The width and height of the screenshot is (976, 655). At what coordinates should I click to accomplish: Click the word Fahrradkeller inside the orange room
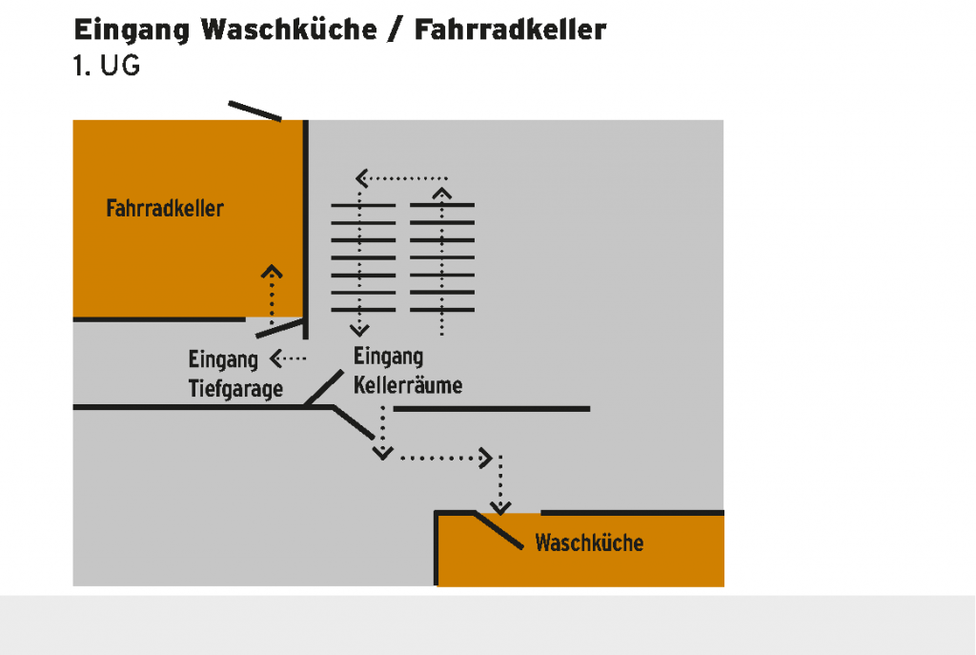165,208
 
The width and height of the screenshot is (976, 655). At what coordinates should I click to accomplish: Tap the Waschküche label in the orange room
589,543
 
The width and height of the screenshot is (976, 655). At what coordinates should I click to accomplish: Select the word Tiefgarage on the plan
235,389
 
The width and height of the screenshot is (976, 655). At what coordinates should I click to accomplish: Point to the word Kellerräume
408,385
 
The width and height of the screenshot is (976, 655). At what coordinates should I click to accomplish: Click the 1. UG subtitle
107,68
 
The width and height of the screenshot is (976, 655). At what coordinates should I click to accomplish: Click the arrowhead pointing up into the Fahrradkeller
273,270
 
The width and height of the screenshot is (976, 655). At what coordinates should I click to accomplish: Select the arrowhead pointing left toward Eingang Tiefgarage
276,358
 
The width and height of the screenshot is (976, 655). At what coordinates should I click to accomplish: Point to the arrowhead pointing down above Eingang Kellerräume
359,330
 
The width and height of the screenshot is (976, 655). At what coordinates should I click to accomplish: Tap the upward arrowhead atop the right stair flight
441,193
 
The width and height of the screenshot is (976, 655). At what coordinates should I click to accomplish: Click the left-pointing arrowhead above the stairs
362,177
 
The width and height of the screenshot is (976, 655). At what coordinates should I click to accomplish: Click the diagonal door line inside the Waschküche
498,530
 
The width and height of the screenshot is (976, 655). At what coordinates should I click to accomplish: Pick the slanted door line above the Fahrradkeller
255,111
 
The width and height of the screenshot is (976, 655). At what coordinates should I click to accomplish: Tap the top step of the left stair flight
362,205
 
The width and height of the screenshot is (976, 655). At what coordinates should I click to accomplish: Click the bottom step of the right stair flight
442,311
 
